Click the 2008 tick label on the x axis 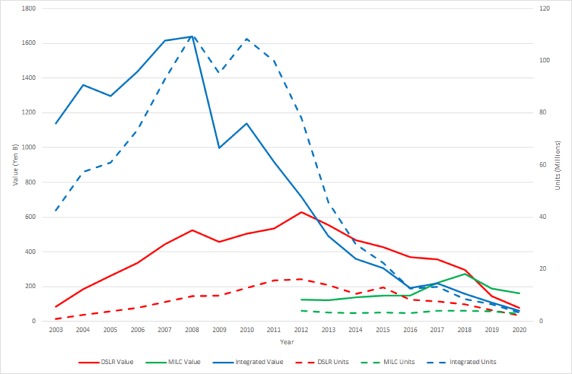pyautogui.click(x=192, y=330)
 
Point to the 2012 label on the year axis pyautogui.click(x=301, y=330)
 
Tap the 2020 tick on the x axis pyautogui.click(x=519, y=330)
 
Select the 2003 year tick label pyautogui.click(x=55, y=330)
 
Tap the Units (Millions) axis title pyautogui.click(x=558, y=165)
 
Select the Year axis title pyautogui.click(x=287, y=343)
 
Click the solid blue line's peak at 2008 pyautogui.click(x=192, y=36)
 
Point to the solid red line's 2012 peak pyautogui.click(x=301, y=212)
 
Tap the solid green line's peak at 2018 pyautogui.click(x=465, y=274)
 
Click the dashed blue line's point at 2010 pyautogui.click(x=247, y=39)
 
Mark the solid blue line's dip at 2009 pyautogui.click(x=219, y=147)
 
